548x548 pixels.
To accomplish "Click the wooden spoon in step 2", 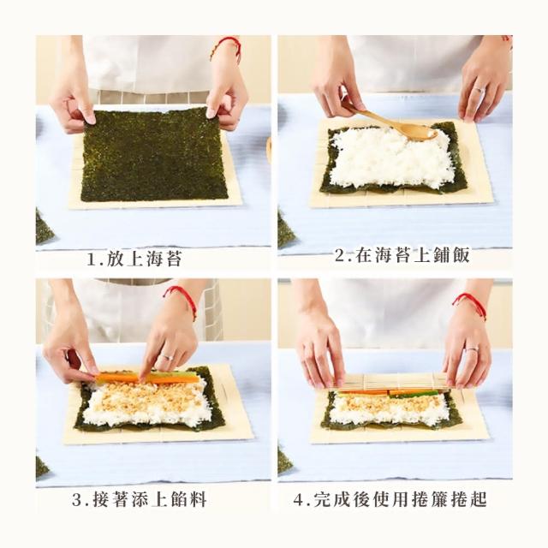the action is click(x=395, y=123).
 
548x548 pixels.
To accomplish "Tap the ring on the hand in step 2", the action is click(x=478, y=89).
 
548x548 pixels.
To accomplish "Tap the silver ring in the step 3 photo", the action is click(x=165, y=357).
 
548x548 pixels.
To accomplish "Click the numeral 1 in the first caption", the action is click(x=92, y=259).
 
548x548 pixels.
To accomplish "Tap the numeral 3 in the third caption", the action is click(x=77, y=500).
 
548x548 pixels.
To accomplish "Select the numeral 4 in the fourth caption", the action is click(x=299, y=500).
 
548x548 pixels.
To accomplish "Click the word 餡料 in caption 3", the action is click(x=188, y=499).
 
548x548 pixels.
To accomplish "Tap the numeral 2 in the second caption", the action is click(x=340, y=255).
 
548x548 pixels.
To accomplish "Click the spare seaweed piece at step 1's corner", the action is click(x=44, y=226).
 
